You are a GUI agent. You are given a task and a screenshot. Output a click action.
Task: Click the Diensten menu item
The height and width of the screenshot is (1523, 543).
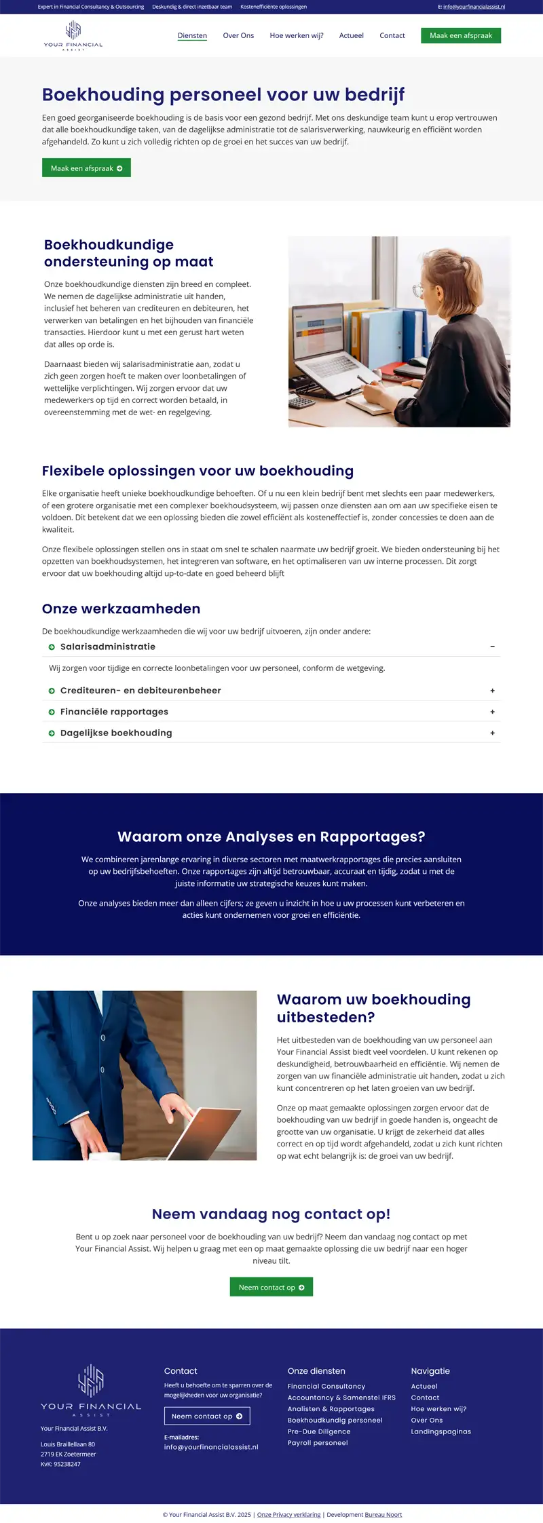point(192,35)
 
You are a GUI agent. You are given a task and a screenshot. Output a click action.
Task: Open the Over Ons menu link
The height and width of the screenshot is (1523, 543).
point(238,35)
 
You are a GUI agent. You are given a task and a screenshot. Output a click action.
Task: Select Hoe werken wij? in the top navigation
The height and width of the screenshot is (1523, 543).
point(297,35)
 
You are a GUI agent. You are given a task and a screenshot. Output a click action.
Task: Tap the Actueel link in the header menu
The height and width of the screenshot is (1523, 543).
point(352,35)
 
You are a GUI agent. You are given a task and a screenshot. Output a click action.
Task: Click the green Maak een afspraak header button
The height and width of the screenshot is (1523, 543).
point(461,35)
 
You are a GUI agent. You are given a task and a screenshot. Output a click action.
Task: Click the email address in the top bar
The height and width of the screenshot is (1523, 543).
point(474,7)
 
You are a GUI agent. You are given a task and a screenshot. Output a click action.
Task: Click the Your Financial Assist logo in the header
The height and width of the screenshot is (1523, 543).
point(73,36)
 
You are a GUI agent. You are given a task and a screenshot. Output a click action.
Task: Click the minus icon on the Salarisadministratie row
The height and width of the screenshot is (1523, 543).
point(492,647)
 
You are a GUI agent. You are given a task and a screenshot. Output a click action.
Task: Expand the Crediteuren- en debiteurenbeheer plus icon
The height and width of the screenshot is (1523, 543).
point(492,691)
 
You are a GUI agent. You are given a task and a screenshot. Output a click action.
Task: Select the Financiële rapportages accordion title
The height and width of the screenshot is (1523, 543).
point(114,712)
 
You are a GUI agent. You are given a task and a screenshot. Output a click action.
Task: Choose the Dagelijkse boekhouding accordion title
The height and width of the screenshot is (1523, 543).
point(116,733)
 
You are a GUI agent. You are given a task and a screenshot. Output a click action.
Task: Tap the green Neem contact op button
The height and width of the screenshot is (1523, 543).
point(271,1287)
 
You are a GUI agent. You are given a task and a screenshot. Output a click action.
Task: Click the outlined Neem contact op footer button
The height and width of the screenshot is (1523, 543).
point(207,1416)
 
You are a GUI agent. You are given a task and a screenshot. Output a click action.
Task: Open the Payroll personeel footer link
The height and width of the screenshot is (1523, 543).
point(318,1443)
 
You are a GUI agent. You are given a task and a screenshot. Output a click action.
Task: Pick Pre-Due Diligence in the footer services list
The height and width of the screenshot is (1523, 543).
point(319,1431)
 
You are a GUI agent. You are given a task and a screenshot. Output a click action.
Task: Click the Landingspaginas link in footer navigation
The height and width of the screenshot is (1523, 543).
point(441,1431)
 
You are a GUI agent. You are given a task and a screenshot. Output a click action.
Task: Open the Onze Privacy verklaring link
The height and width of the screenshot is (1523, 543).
point(289,1514)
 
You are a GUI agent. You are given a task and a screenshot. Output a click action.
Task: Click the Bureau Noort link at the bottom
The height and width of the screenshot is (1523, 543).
point(383,1514)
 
